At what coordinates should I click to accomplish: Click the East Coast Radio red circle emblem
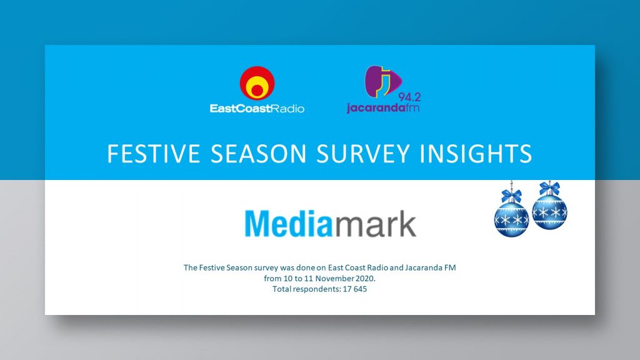click(257, 83)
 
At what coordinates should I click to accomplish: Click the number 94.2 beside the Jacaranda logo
click(409, 97)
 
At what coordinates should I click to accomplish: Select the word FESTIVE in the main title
click(154, 154)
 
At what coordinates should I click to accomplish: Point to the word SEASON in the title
click(258, 154)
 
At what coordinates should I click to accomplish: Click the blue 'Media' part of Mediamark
click(288, 224)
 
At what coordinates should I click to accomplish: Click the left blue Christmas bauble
click(511, 219)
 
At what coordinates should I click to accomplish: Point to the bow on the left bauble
click(511, 196)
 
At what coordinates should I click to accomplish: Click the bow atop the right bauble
click(549, 188)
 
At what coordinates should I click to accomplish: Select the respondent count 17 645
click(355, 289)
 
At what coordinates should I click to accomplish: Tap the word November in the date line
click(334, 278)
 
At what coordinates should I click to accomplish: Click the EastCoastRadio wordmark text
click(257, 109)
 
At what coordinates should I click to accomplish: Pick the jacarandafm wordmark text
click(383, 107)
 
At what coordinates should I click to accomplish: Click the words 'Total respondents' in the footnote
click(302, 289)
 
